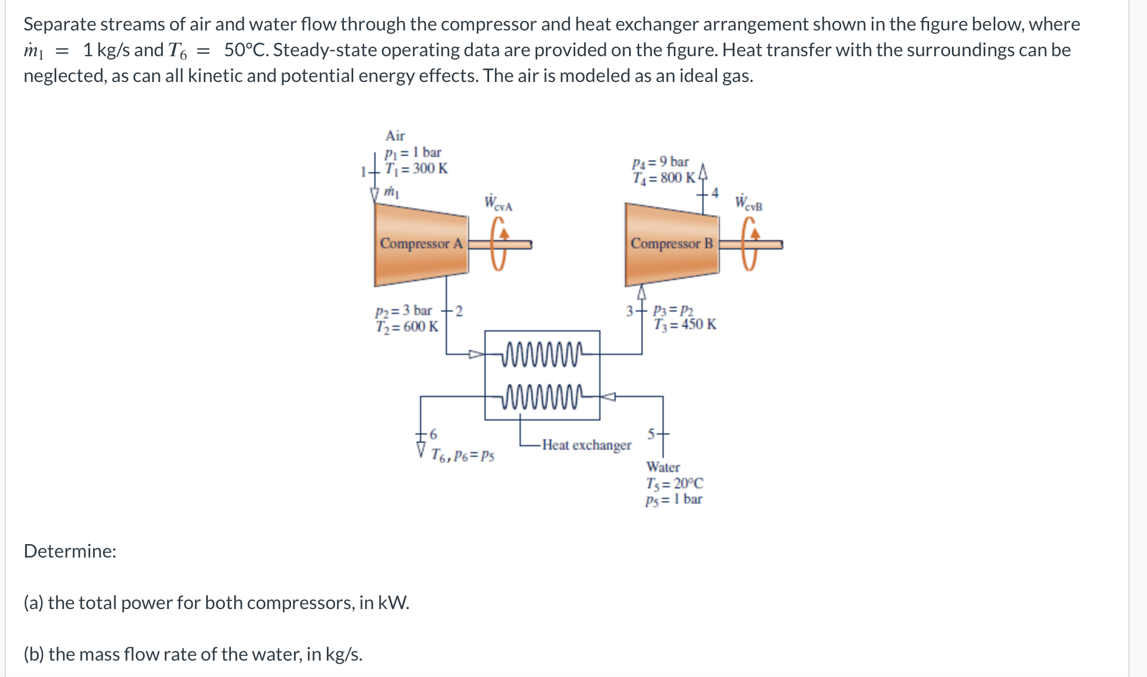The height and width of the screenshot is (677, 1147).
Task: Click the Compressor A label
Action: pyautogui.click(x=421, y=243)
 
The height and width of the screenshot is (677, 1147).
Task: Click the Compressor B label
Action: pyautogui.click(x=671, y=243)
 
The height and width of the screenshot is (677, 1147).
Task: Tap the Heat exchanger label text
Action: pyautogui.click(x=586, y=445)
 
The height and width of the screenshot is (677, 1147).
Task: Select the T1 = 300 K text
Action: pyautogui.click(x=416, y=169)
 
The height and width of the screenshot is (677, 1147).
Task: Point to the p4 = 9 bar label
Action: pyautogui.click(x=660, y=162)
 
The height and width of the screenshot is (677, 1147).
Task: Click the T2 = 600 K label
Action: pyautogui.click(x=407, y=326)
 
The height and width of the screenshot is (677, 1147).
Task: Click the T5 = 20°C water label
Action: pyautogui.click(x=674, y=483)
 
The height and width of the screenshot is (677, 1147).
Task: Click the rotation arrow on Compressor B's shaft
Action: pyautogui.click(x=750, y=244)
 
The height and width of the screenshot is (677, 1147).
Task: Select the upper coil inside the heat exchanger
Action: pyautogui.click(x=542, y=354)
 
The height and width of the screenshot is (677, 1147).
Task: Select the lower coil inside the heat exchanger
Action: pyautogui.click(x=542, y=397)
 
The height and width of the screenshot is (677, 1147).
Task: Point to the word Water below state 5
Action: pyautogui.click(x=663, y=467)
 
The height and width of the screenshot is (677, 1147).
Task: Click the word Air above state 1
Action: pyautogui.click(x=395, y=136)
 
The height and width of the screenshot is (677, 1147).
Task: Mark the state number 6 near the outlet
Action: pyautogui.click(x=433, y=434)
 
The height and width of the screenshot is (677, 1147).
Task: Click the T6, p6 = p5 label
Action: pyautogui.click(x=462, y=455)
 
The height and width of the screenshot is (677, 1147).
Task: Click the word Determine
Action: pyautogui.click(x=70, y=551)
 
